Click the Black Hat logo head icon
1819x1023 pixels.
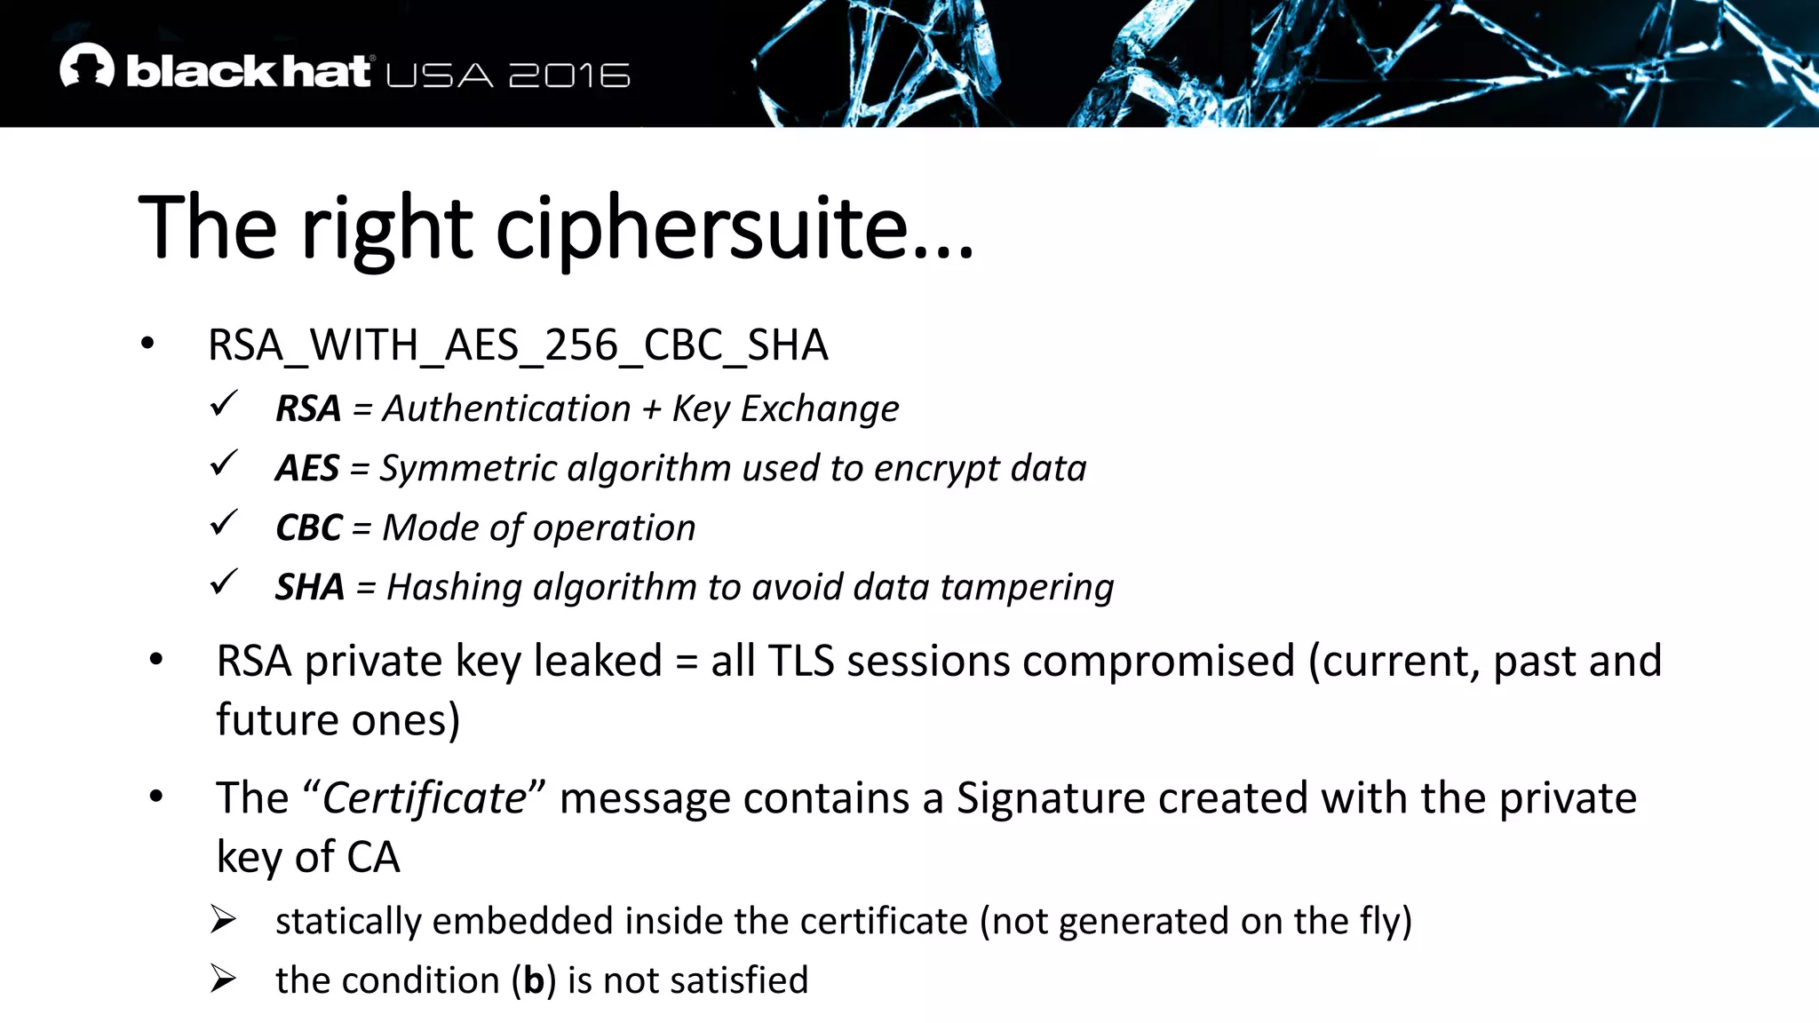pos(87,66)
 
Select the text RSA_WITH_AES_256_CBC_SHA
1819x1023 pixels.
pos(518,345)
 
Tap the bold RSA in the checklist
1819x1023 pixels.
pos(308,408)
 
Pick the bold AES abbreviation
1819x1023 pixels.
pos(307,468)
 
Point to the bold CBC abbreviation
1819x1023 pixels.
pos(308,527)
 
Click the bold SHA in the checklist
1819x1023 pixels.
pos(310,587)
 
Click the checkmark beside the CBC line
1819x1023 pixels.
pos(224,523)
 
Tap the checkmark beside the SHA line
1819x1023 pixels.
pos(224,583)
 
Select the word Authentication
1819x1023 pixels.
pos(506,408)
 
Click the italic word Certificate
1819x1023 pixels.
pos(425,797)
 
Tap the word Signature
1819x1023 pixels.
pos(1043,797)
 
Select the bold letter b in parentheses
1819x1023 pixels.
pos(533,980)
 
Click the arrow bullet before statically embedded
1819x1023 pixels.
pos(223,919)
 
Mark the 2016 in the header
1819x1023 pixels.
pos(569,75)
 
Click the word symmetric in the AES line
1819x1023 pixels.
pos(468,468)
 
